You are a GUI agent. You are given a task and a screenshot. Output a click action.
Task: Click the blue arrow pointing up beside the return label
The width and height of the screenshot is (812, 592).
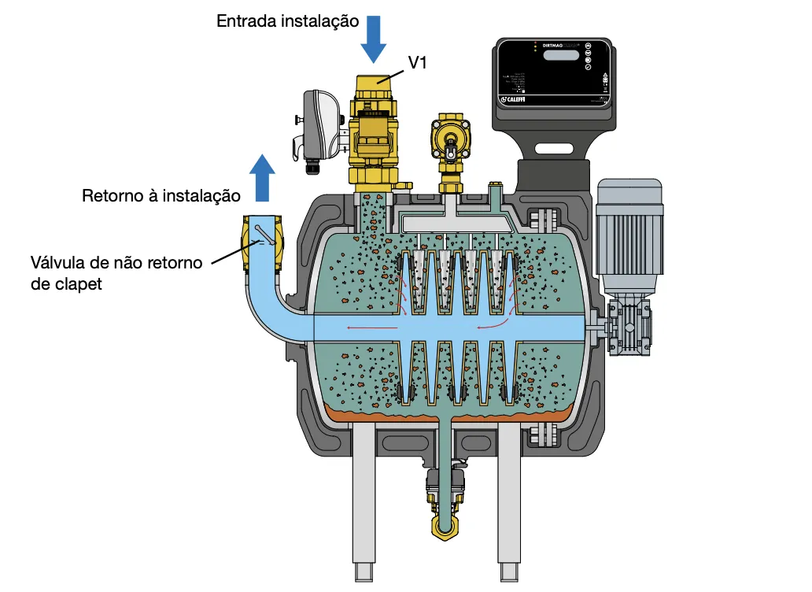(262, 176)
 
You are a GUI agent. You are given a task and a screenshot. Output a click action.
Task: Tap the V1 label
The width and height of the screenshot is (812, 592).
(417, 64)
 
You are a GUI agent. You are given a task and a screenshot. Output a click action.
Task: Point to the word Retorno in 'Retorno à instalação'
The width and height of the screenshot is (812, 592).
(109, 194)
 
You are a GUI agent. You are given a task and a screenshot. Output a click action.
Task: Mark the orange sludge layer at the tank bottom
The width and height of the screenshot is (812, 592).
(441, 413)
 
